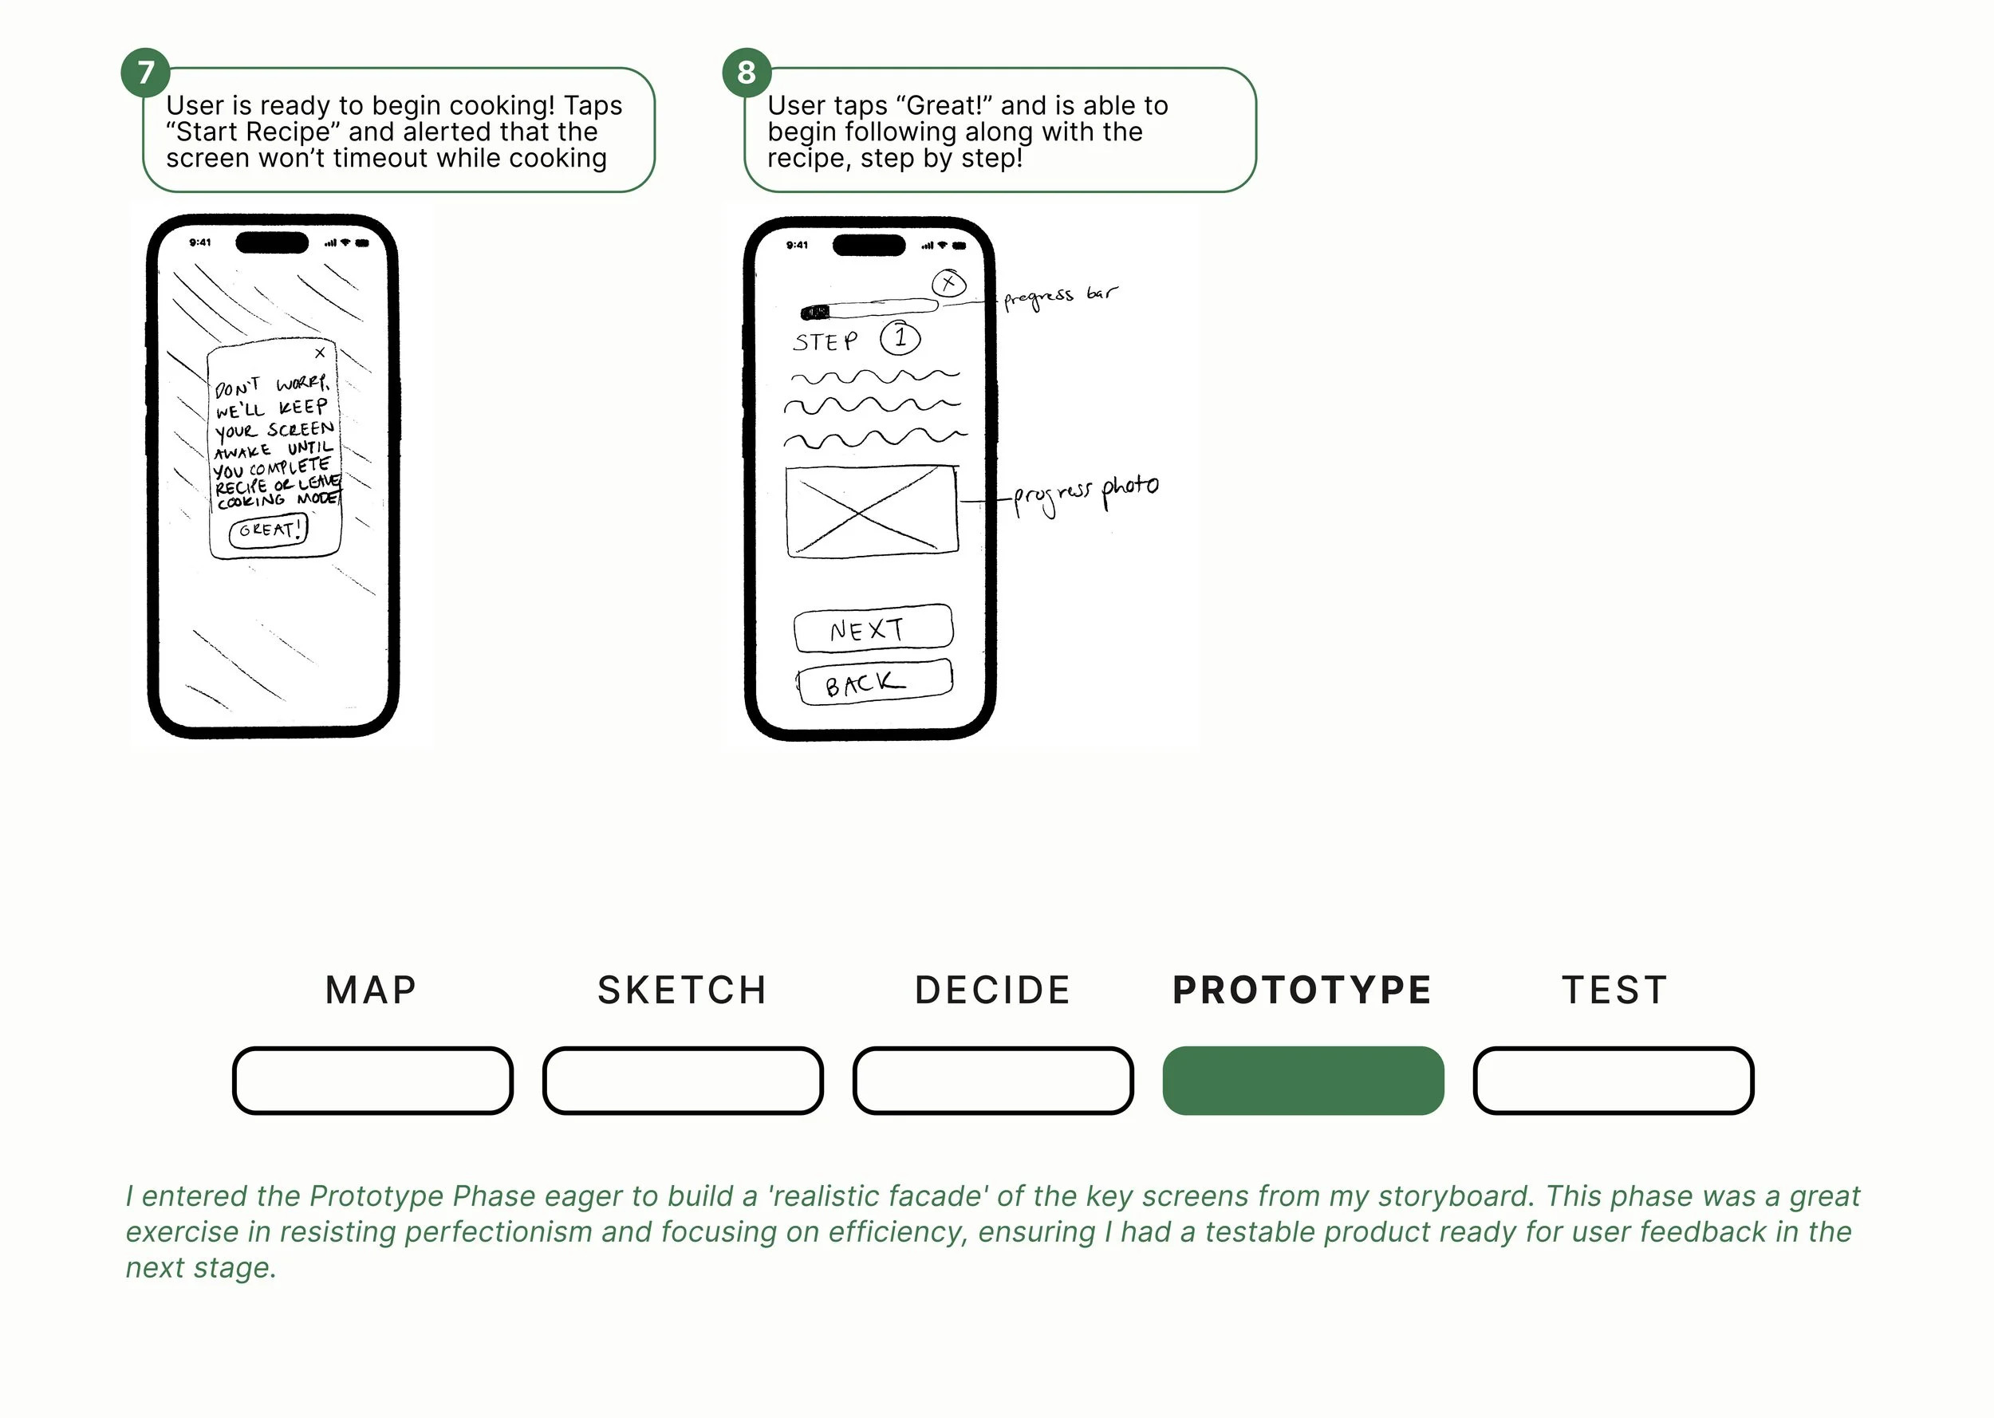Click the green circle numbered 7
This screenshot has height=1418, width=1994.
click(146, 73)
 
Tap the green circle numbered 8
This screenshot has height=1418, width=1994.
click(747, 73)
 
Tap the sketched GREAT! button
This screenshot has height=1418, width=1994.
click(269, 530)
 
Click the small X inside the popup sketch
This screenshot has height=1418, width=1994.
click(321, 353)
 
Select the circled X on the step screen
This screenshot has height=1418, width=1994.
click(949, 283)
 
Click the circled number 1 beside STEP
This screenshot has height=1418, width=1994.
click(900, 338)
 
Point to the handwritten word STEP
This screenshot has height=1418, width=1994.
click(825, 341)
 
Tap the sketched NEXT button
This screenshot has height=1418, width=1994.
click(873, 628)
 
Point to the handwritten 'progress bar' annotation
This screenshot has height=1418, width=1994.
click(1060, 297)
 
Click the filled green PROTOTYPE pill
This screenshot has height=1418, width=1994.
click(1303, 1080)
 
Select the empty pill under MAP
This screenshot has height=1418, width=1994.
click(372, 1080)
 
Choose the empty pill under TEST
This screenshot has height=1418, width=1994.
click(1614, 1080)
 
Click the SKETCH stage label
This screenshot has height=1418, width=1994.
click(682, 991)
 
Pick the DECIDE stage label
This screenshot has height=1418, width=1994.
click(993, 991)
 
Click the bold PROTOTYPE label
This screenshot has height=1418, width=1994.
click(1302, 991)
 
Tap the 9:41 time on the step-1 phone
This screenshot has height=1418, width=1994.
click(797, 246)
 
